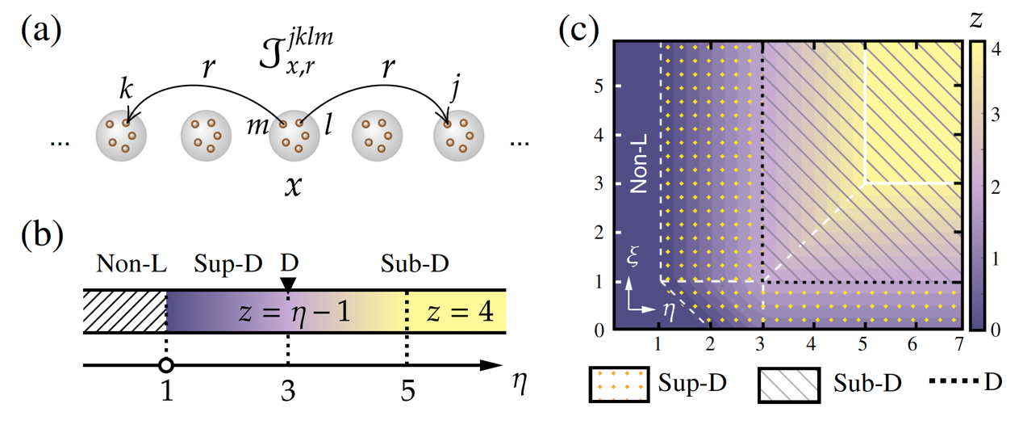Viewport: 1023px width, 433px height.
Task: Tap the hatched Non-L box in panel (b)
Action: pyautogui.click(x=124, y=311)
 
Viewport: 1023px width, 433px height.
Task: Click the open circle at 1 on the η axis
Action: pyautogui.click(x=165, y=366)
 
